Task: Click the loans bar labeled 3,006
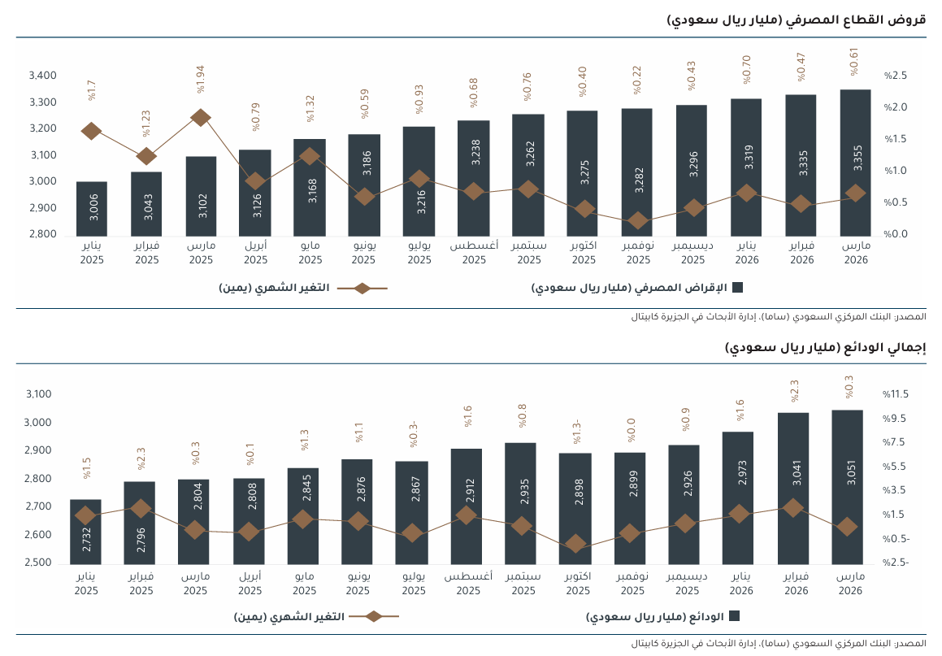pos(91,208)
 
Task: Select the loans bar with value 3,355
pos(856,163)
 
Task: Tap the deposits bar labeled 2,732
pos(85,532)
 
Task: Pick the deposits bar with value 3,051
pos(847,487)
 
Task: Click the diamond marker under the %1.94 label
pos(201,118)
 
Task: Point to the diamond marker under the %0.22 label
pos(638,220)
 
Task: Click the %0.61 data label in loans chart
pos(853,62)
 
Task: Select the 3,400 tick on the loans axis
pos(42,76)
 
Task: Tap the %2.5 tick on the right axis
pos(895,76)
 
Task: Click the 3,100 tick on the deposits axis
pos(38,394)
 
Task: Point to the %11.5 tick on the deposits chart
pos(895,394)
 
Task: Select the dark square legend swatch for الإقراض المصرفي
pos(738,288)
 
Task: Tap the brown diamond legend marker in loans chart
pos(362,289)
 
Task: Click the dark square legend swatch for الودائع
pos(734,615)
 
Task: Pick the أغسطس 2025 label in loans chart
pos(474,252)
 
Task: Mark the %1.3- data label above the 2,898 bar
pos(577,432)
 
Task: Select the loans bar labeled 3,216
pos(419,181)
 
